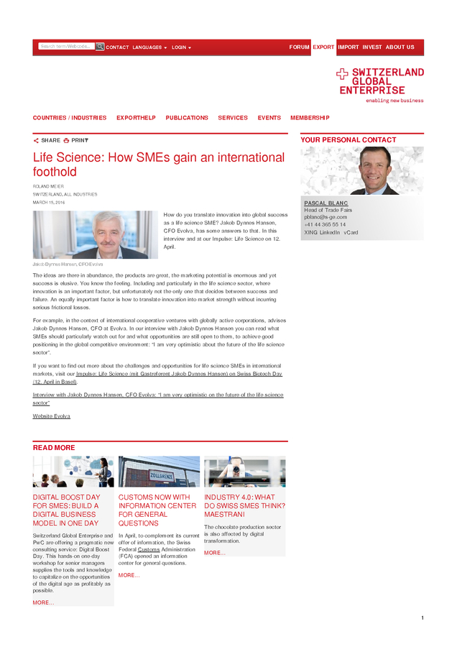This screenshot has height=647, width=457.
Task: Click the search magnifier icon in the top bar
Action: click(100, 47)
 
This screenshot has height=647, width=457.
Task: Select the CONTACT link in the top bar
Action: click(117, 47)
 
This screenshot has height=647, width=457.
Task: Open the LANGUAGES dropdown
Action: click(149, 47)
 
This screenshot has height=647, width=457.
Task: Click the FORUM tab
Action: click(299, 47)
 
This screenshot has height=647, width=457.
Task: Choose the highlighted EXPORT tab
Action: click(323, 47)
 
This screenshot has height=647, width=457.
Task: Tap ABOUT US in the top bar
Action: click(400, 47)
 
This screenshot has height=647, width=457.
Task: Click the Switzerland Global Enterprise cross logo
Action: click(342, 73)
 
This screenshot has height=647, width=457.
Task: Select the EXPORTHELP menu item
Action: click(136, 118)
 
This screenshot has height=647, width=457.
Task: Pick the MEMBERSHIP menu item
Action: click(310, 118)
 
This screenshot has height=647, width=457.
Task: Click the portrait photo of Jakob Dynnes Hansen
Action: click(95, 235)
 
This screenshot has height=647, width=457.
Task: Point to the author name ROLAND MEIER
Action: click(47, 187)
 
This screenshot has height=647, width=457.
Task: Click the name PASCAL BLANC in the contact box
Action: click(326, 203)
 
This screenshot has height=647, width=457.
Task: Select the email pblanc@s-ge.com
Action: click(325, 217)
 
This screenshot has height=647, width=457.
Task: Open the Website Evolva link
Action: click(52, 416)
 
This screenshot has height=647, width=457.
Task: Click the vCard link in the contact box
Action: click(351, 233)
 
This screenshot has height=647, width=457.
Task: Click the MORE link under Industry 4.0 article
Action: click(214, 553)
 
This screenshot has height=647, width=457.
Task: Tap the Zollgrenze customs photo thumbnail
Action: click(159, 472)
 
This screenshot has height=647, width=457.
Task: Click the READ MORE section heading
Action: click(54, 448)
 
